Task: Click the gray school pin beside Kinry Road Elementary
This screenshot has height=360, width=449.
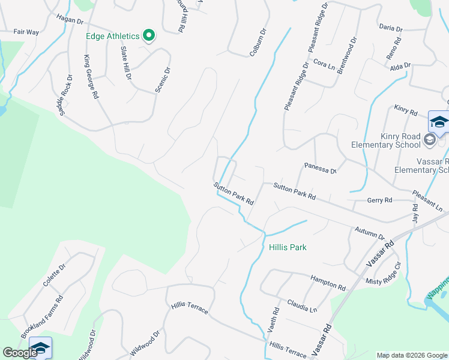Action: coord(429,140)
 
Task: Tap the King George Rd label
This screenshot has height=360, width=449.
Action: coord(91,77)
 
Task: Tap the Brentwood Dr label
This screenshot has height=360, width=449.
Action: coord(346,56)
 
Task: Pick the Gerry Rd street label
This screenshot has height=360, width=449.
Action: coord(379,200)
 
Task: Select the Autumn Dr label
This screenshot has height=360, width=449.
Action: coord(369,233)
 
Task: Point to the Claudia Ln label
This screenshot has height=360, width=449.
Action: coord(301,305)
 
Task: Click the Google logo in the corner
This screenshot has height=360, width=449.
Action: coord(20,353)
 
